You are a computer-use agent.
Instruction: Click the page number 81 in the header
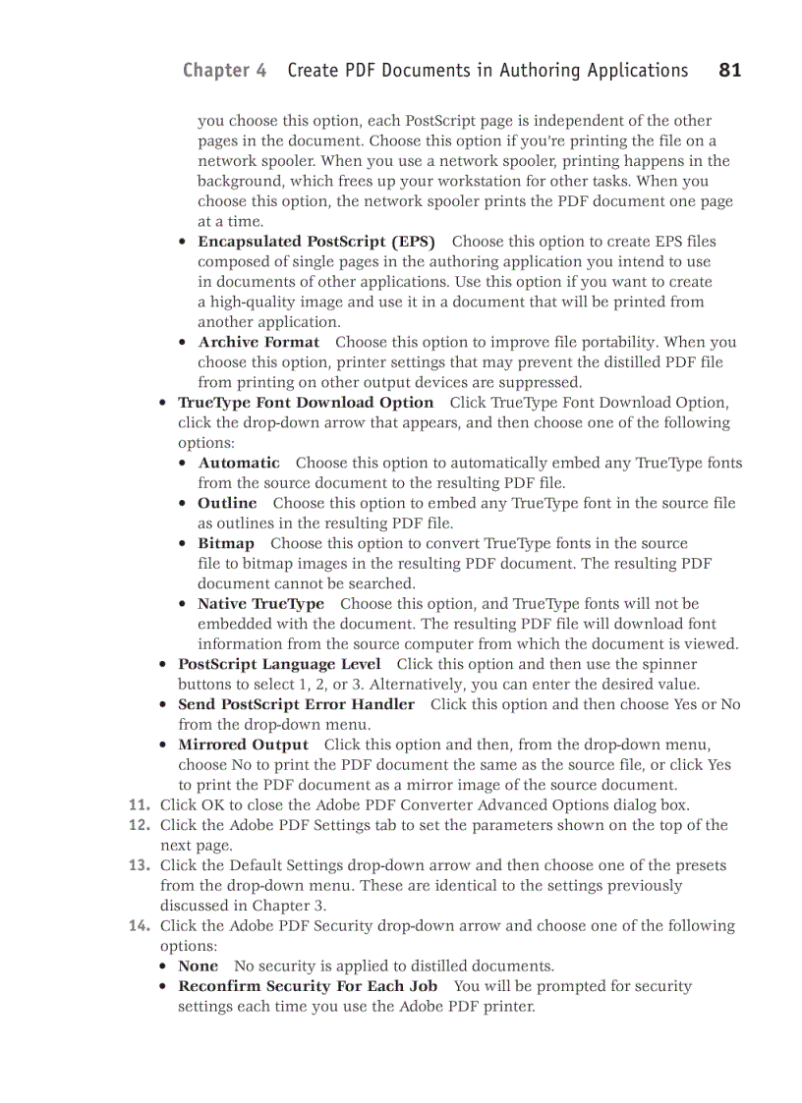pyautogui.click(x=729, y=70)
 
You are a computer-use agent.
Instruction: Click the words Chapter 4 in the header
pyautogui.click(x=224, y=70)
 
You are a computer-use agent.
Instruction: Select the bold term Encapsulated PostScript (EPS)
pyautogui.click(x=315, y=242)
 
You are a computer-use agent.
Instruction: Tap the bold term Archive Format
pyautogui.click(x=258, y=343)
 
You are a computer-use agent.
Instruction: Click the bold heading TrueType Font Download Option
pyautogui.click(x=305, y=403)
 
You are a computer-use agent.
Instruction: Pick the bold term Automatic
pyautogui.click(x=239, y=463)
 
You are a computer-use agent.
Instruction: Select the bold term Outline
pyautogui.click(x=227, y=503)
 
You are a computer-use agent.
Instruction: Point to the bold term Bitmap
pyautogui.click(x=226, y=543)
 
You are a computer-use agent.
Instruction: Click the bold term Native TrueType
pyautogui.click(x=260, y=604)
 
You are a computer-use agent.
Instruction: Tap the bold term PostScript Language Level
pyautogui.click(x=279, y=664)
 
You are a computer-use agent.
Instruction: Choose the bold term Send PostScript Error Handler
pyautogui.click(x=296, y=704)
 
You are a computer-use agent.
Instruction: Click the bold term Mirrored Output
pyautogui.click(x=243, y=745)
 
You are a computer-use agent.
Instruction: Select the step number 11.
pyautogui.click(x=141, y=805)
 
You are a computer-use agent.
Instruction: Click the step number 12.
pyautogui.click(x=141, y=825)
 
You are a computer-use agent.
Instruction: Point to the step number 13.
pyautogui.click(x=141, y=865)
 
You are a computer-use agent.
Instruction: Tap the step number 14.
pyautogui.click(x=141, y=925)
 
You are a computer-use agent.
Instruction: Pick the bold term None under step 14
pyautogui.click(x=198, y=966)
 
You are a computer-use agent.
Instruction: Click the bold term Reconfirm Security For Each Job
pyautogui.click(x=308, y=986)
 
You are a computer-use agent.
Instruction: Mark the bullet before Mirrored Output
pyautogui.click(x=164, y=745)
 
